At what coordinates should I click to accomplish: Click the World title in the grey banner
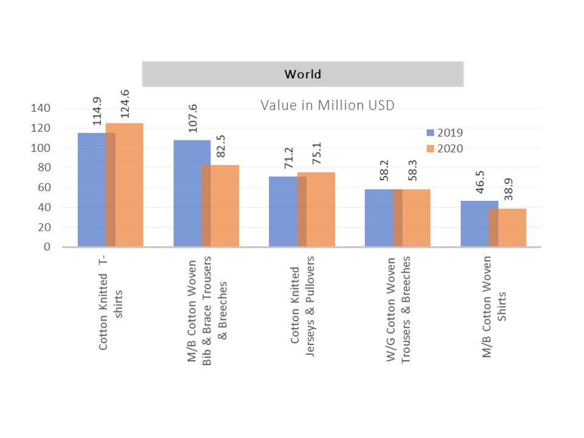[x=302, y=75]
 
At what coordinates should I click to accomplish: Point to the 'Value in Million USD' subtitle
[x=328, y=105]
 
